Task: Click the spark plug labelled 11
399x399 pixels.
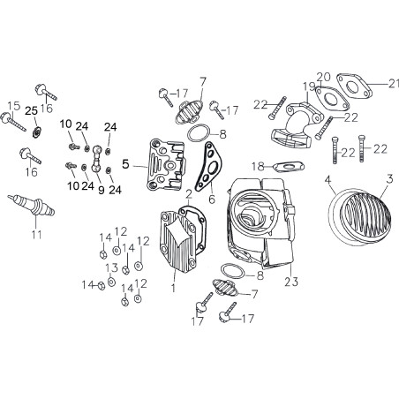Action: click(x=31, y=205)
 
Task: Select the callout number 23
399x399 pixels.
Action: click(x=291, y=282)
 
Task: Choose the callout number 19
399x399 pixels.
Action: click(x=309, y=87)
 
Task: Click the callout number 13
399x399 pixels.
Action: click(x=112, y=267)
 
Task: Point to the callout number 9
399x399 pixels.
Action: click(x=101, y=190)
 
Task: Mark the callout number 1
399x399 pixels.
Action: click(x=173, y=288)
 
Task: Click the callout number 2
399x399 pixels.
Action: click(x=189, y=194)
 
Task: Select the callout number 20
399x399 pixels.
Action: click(x=324, y=77)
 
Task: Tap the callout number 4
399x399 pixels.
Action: click(x=328, y=180)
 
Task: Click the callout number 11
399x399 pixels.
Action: click(x=37, y=235)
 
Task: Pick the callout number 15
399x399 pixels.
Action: click(x=13, y=106)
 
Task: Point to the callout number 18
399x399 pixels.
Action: click(x=258, y=167)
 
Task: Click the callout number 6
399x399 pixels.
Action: click(x=212, y=199)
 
